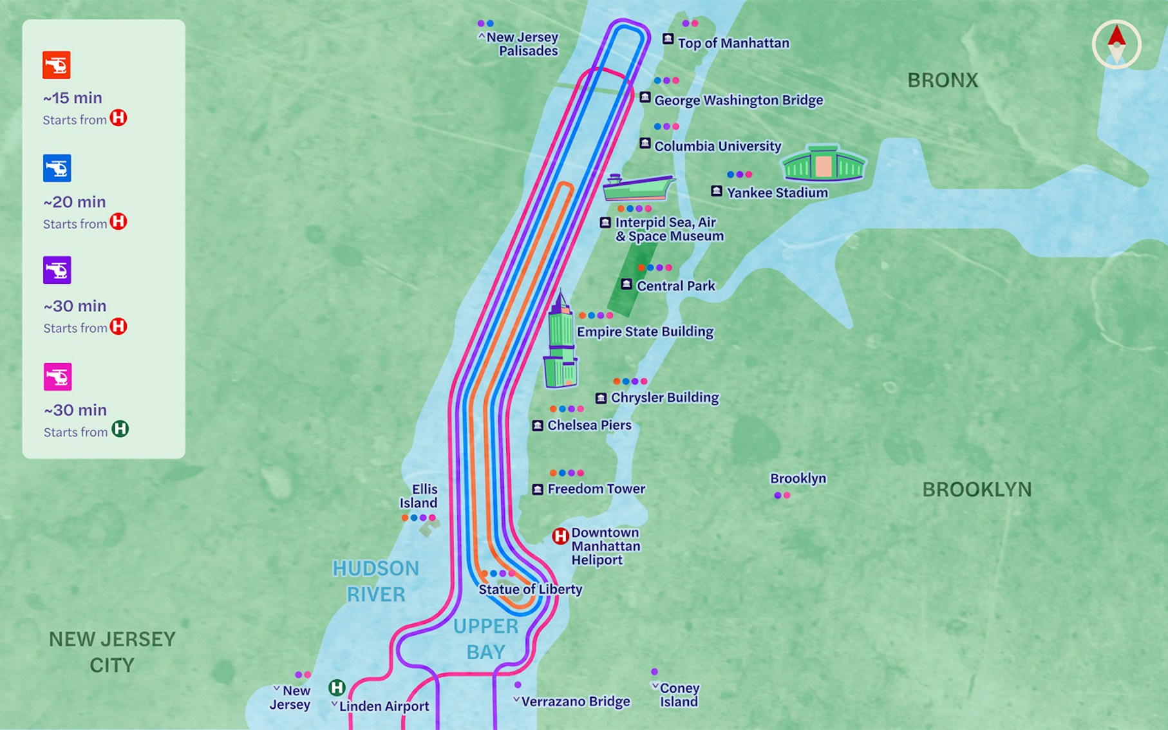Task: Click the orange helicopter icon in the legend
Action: [57, 65]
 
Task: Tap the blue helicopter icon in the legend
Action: [57, 168]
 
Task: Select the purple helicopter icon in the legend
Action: [57, 270]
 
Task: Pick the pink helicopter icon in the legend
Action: [57, 377]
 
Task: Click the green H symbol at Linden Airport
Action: [337, 688]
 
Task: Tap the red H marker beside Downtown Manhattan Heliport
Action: [560, 536]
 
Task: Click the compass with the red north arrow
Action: [1116, 44]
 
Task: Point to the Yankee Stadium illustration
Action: [823, 164]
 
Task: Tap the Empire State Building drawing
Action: [561, 341]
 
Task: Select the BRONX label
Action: [943, 80]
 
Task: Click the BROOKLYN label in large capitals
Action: [977, 490]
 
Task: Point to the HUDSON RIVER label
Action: [376, 581]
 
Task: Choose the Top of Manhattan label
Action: [733, 43]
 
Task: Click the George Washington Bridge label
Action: [739, 100]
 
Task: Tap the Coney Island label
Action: [679, 695]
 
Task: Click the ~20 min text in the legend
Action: [74, 202]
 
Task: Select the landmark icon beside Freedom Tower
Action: [538, 490]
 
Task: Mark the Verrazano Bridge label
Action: [576, 702]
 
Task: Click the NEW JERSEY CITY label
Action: [112, 652]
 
